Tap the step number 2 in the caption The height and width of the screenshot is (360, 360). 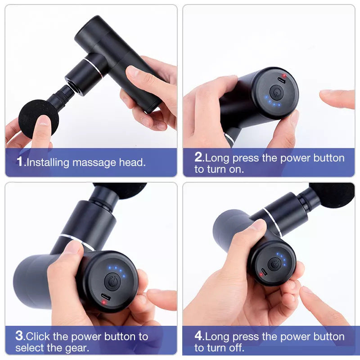(x=198, y=157)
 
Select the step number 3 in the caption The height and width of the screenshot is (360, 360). (x=19, y=336)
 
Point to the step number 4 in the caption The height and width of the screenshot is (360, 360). (x=198, y=336)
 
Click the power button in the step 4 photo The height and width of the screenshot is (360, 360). (x=273, y=264)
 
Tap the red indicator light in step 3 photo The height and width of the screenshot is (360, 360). (x=104, y=302)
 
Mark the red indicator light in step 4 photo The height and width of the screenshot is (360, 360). (x=260, y=275)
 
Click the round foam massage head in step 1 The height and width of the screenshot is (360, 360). (x=38, y=118)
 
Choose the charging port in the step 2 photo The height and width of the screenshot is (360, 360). (x=282, y=81)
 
